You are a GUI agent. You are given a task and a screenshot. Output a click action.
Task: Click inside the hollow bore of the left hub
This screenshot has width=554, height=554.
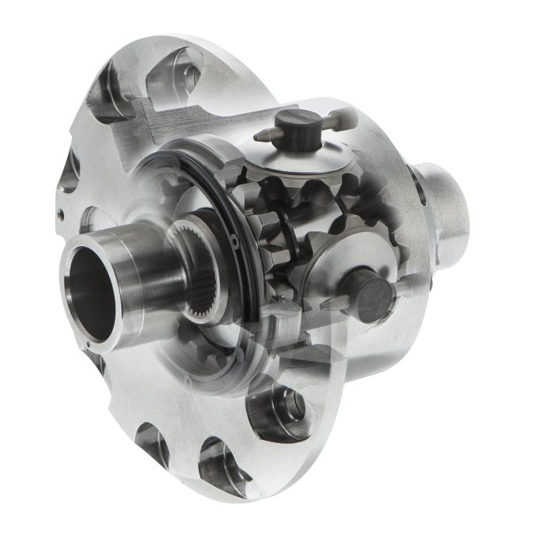(x=89, y=288)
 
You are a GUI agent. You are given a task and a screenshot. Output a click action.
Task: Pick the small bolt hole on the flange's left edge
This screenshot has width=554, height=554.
(x=60, y=213)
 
